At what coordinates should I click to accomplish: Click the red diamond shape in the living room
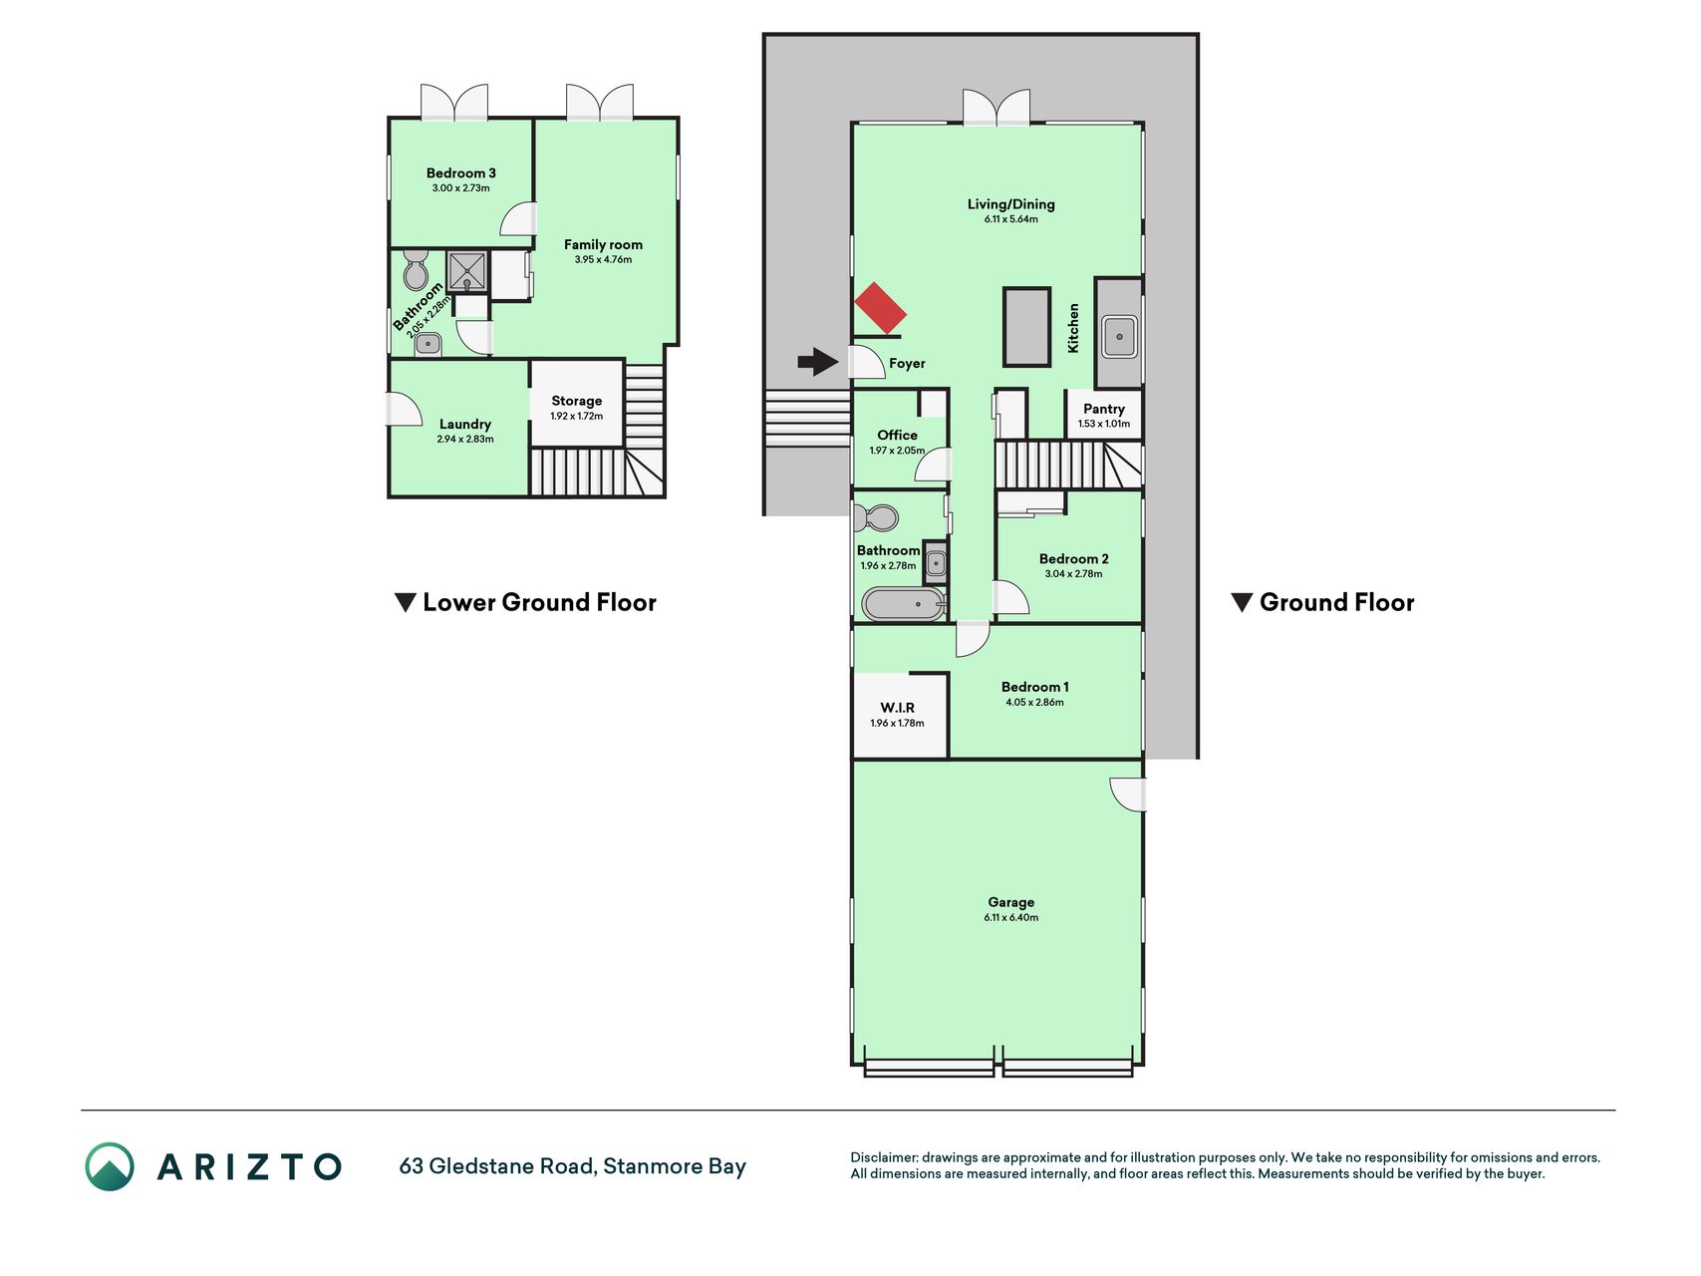coord(881,308)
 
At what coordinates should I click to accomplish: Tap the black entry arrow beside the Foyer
coord(818,362)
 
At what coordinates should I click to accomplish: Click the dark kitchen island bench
coord(1026,327)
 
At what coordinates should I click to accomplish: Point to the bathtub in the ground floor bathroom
coord(903,604)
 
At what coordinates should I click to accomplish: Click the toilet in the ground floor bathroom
coord(876,518)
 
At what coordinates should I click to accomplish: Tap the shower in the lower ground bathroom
coord(466,270)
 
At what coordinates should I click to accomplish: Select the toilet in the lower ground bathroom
coord(417,270)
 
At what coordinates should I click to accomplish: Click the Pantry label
coord(1104,409)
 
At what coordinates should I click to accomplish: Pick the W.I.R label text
coord(897,708)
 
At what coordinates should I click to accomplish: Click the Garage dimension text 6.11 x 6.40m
coord(1011,918)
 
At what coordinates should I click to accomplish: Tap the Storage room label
coord(577,401)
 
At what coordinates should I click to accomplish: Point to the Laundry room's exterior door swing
coord(404,410)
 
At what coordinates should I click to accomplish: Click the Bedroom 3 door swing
coord(518,219)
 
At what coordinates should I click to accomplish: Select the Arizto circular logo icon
coord(110,1166)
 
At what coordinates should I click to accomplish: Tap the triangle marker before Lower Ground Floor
coord(405,603)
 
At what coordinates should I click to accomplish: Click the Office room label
coord(897,435)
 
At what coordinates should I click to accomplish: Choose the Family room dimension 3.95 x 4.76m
coord(603,260)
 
